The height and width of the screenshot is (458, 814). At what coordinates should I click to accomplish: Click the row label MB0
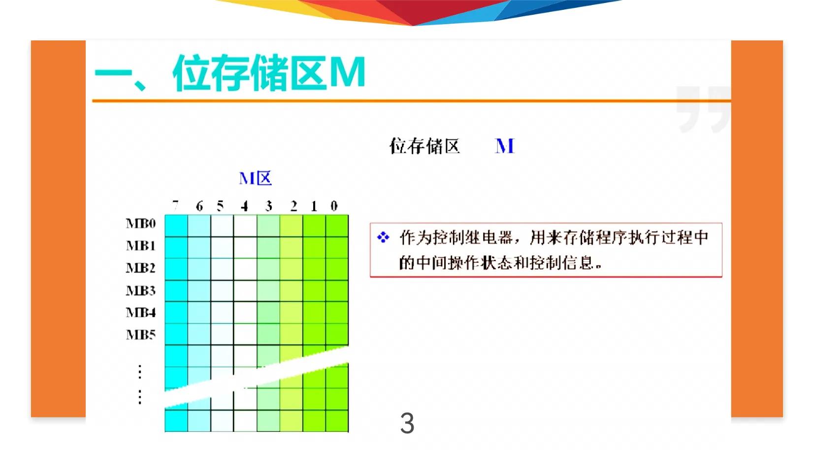[x=140, y=224]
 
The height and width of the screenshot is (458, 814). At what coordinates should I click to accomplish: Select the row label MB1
[x=140, y=246]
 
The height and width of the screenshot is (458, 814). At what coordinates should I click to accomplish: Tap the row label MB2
[x=140, y=268]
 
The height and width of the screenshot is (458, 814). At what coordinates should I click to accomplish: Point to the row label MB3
[x=140, y=290]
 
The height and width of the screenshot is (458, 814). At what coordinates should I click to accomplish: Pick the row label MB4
[x=140, y=313]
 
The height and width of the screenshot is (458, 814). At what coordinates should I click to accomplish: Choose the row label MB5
[x=140, y=335]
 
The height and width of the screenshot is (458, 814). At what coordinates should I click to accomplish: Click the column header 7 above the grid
[x=175, y=206]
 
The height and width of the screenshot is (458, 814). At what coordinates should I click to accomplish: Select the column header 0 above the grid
[x=334, y=206]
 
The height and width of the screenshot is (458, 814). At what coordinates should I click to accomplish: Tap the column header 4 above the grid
[x=244, y=206]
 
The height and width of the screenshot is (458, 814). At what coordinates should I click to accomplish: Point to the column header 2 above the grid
[x=293, y=206]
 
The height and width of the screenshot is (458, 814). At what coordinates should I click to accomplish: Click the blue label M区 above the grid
[x=255, y=178]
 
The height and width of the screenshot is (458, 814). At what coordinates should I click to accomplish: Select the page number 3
[x=407, y=423]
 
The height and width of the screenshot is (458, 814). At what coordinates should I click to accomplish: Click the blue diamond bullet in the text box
[x=383, y=238]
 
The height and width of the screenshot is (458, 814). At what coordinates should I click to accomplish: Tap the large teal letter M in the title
[x=347, y=72]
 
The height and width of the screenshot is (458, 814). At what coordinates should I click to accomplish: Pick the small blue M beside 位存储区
[x=505, y=146]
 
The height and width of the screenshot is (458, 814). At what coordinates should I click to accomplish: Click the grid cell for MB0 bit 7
[x=176, y=226]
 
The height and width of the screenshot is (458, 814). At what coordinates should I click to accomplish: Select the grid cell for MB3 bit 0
[x=337, y=291]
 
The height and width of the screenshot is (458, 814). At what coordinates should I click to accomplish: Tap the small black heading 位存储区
[x=424, y=146]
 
